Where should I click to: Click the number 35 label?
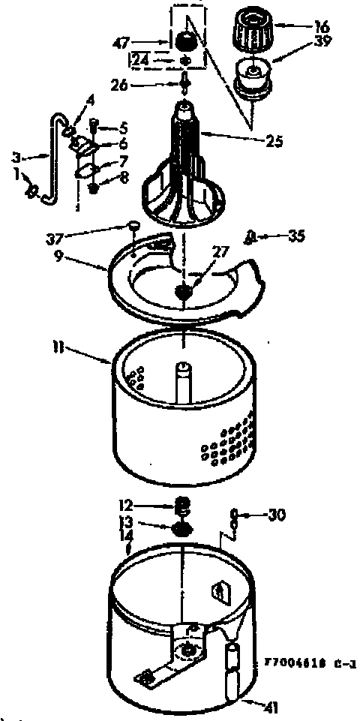point(296,236)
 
